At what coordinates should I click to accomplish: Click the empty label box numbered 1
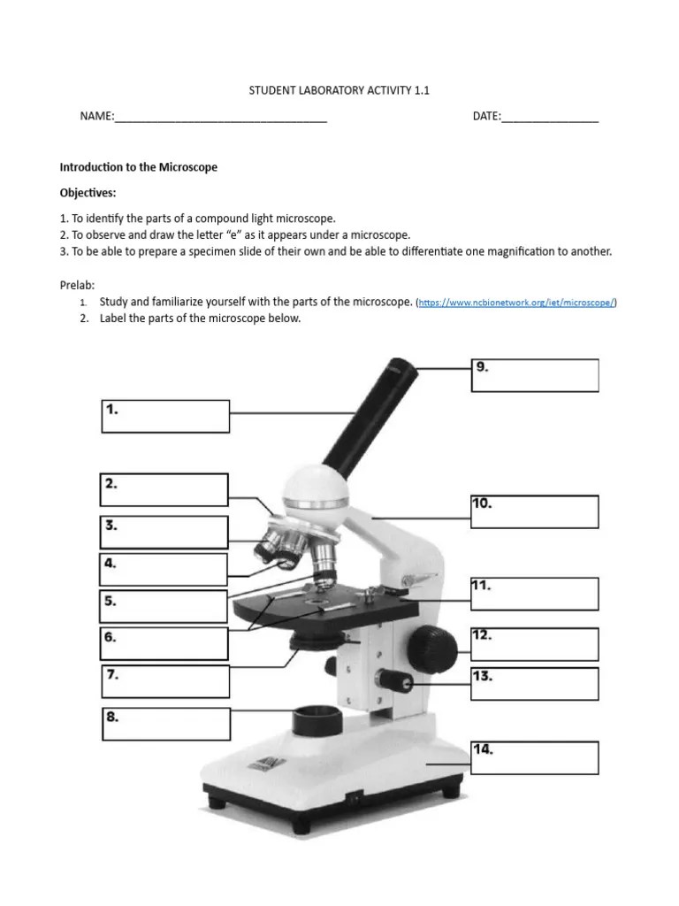[x=165, y=416]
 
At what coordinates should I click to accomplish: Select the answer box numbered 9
[x=534, y=375]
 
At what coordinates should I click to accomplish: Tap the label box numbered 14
[x=534, y=758]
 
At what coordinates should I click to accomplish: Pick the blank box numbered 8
[x=165, y=725]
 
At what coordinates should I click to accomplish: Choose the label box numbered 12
[x=534, y=644]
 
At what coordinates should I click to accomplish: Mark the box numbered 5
[x=165, y=606]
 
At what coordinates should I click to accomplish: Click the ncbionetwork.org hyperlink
[x=516, y=303]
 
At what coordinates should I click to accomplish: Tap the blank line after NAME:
[x=221, y=117]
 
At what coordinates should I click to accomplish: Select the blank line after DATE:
[x=549, y=117]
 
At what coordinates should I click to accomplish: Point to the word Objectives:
[x=88, y=193]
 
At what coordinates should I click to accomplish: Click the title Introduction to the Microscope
[x=138, y=166]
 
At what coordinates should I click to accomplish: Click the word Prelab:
[x=77, y=285]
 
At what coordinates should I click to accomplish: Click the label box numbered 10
[x=534, y=511]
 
